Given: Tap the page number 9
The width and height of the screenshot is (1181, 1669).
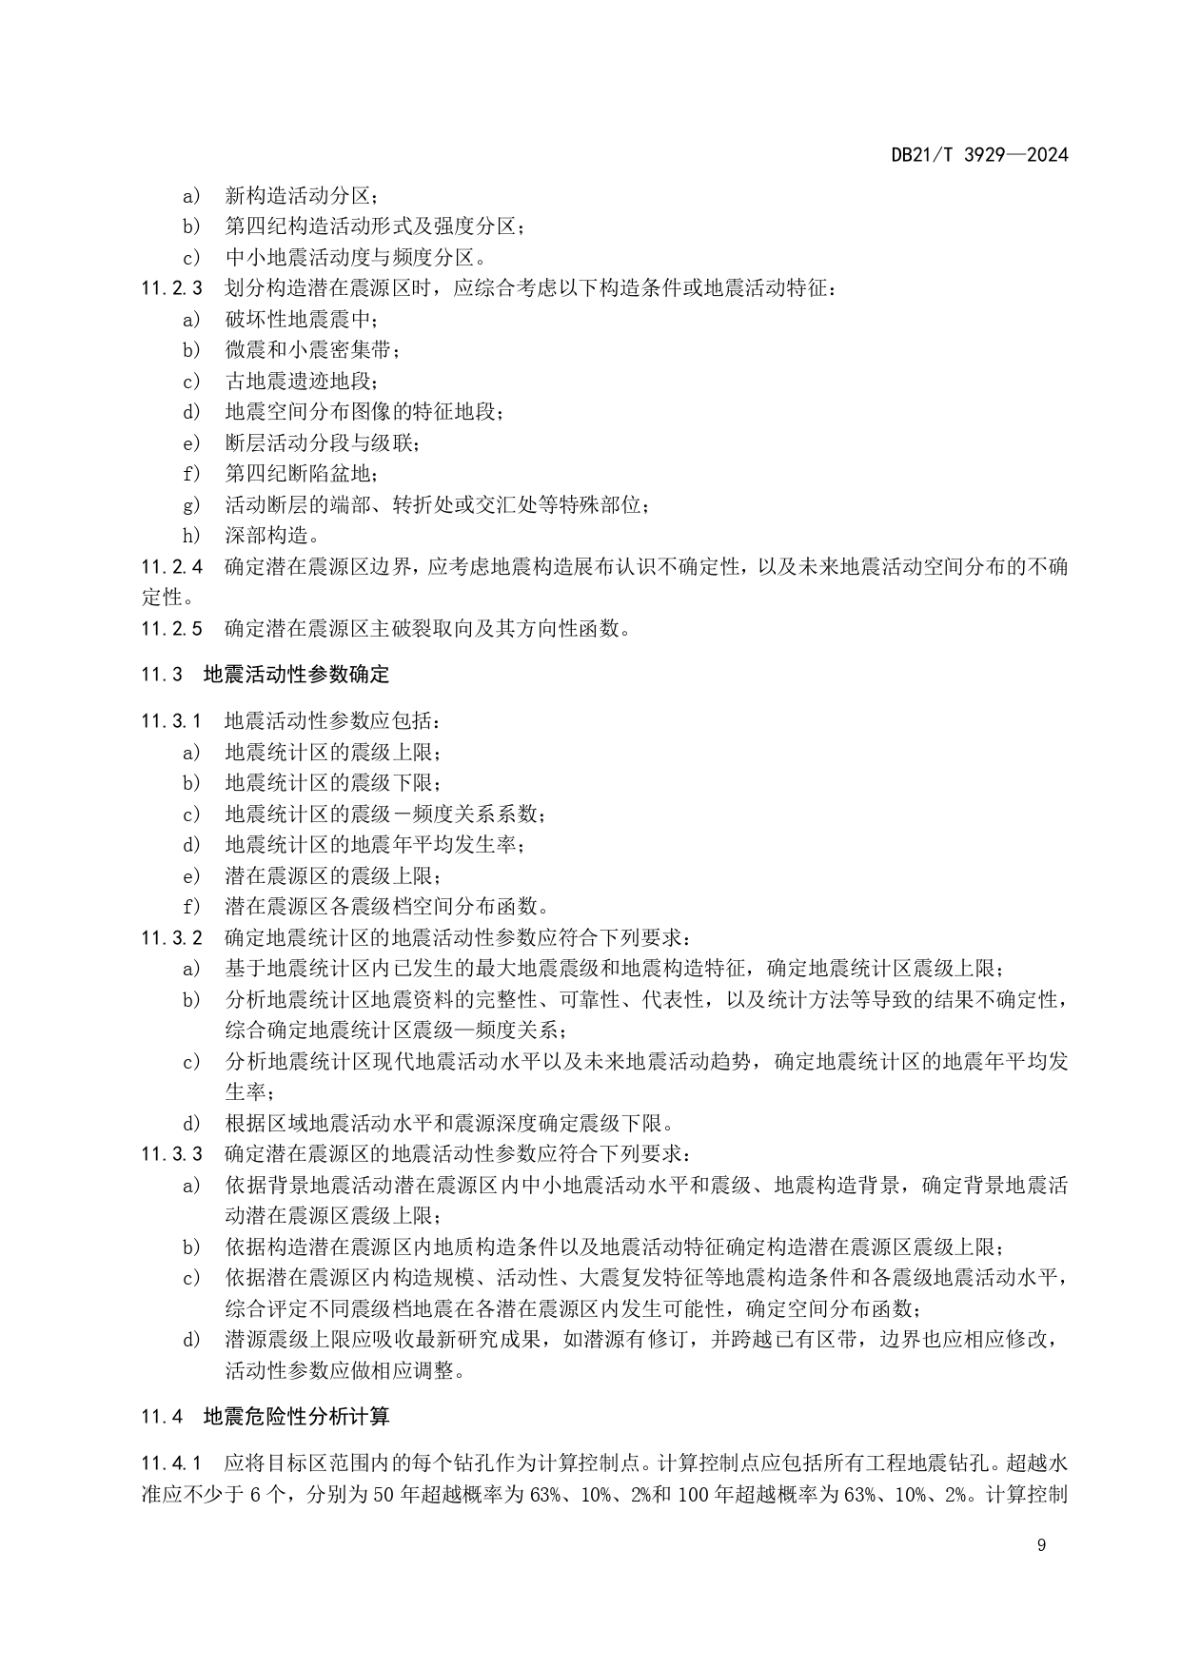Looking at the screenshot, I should click(1041, 1545).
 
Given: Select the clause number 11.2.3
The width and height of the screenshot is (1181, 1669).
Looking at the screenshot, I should click(172, 287).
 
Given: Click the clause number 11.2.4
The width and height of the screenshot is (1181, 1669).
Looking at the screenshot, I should click(172, 567).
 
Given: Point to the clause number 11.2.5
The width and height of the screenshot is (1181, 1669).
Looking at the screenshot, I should click(172, 629).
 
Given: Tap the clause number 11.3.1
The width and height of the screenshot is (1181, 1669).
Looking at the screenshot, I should click(172, 721).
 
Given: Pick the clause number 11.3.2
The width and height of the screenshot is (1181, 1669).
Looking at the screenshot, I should click(172, 938).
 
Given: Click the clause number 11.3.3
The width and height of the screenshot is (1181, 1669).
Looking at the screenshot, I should click(172, 1154).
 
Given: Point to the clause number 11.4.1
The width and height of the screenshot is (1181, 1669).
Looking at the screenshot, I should click(172, 1463).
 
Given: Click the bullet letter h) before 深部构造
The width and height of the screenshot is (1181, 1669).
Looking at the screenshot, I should click(192, 536).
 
